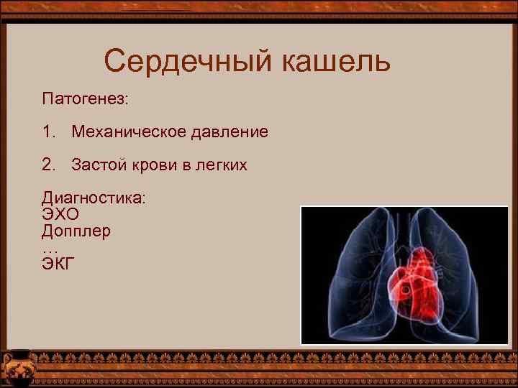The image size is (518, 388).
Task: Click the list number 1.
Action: click(48, 132)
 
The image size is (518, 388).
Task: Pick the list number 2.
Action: click(48, 165)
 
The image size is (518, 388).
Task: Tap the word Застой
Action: click(99, 165)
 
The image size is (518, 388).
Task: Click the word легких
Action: click(220, 165)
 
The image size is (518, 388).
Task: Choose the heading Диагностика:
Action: click(94, 198)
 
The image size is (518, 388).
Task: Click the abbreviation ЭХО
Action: click(60, 215)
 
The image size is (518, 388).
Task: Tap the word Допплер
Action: click(76, 231)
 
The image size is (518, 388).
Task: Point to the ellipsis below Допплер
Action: click(50, 249)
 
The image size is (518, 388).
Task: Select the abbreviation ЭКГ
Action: click(58, 263)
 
